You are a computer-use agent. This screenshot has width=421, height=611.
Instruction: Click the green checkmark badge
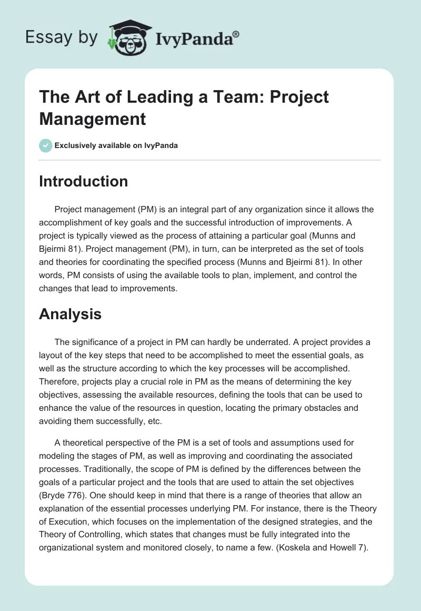tap(46, 145)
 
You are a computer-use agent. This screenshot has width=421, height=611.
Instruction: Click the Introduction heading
tap(84, 181)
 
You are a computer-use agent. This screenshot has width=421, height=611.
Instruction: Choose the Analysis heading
tap(70, 314)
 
